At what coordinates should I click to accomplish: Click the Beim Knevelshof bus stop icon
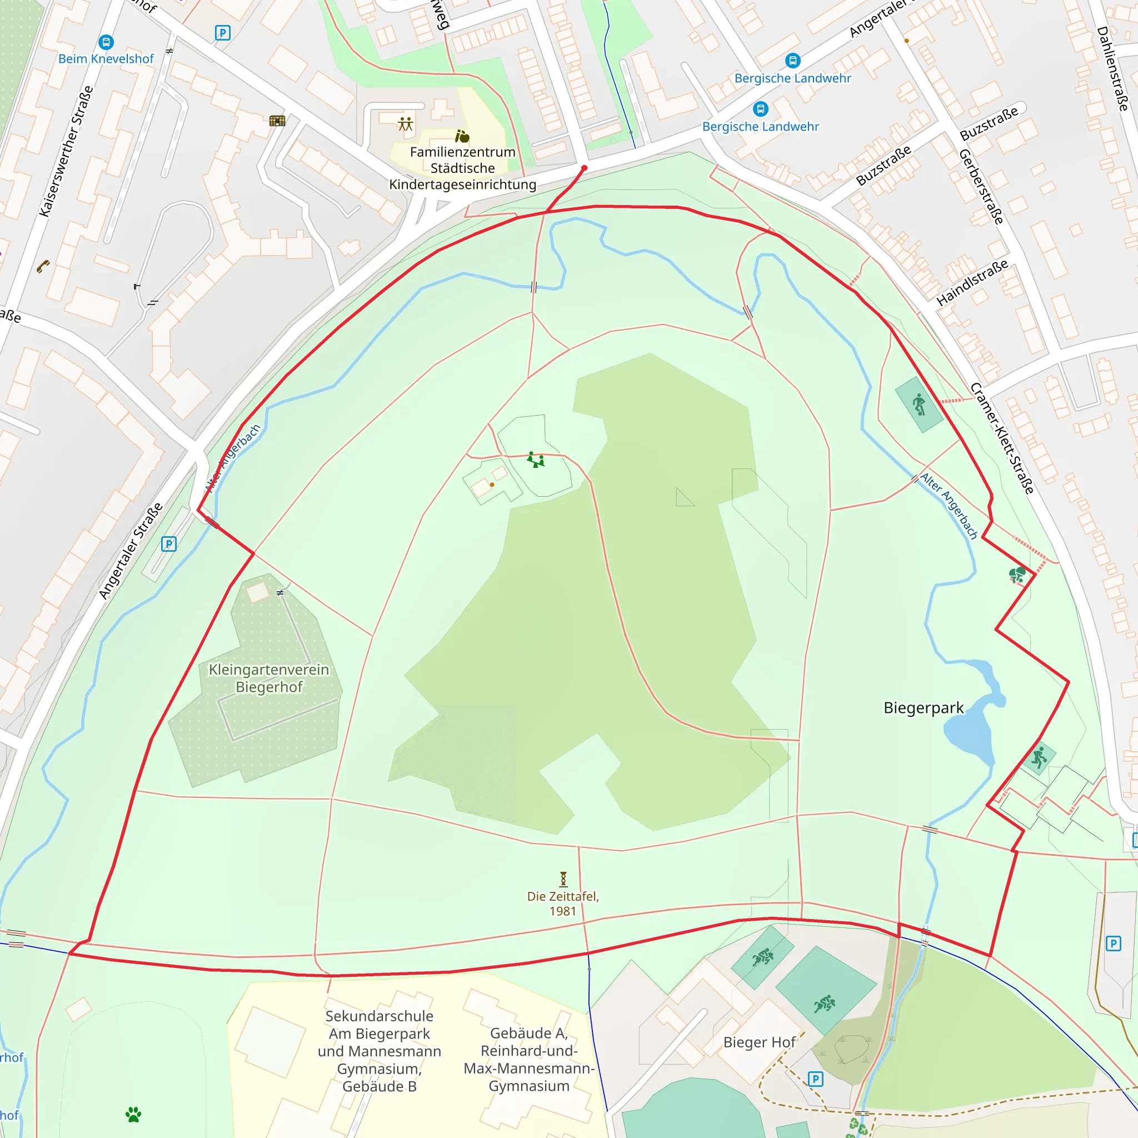point(106,42)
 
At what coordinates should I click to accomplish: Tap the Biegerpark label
point(923,707)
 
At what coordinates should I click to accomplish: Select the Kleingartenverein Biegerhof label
point(268,678)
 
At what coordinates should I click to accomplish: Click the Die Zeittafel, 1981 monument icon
point(563,879)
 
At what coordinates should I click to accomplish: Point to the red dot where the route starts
point(585,168)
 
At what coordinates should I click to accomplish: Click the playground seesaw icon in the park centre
point(536,460)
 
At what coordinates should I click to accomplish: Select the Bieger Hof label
point(759,1042)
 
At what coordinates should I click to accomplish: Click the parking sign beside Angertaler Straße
point(168,543)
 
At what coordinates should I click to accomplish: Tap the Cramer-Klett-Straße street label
point(1002,438)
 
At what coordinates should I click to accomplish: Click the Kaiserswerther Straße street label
point(66,151)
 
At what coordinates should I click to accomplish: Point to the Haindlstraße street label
point(972,283)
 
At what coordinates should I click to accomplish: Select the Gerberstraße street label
point(981,187)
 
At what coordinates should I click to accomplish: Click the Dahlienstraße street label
point(1112,68)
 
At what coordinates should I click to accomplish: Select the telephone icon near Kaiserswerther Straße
point(43,267)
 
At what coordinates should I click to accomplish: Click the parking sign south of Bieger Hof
point(815,1079)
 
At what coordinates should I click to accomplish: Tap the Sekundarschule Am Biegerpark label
point(380,1051)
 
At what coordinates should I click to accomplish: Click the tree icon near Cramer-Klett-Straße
point(1017,575)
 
